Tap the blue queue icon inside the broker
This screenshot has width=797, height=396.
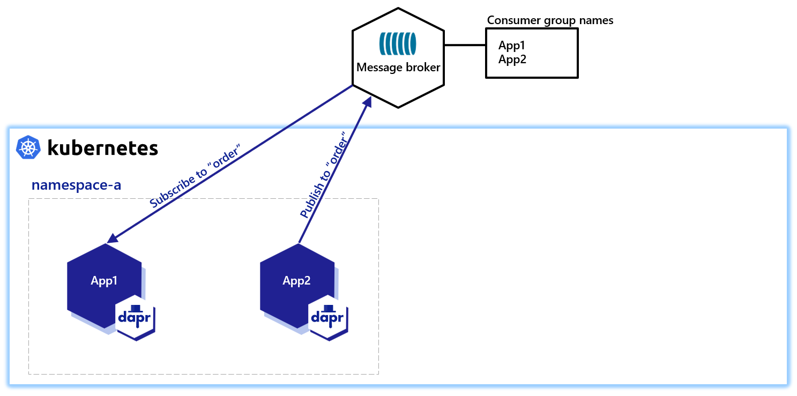click(x=398, y=44)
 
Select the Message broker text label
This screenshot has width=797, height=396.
click(x=398, y=68)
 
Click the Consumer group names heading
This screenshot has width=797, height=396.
click(x=550, y=20)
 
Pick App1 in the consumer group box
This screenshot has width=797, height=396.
click(x=512, y=46)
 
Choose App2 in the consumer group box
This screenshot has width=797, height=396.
click(x=512, y=59)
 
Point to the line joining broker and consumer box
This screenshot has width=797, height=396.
click(x=465, y=45)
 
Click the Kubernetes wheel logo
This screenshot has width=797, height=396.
click(x=29, y=147)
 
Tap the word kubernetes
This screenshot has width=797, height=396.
click(x=102, y=147)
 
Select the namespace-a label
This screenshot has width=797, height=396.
click(x=76, y=185)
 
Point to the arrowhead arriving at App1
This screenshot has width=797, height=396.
click(x=111, y=238)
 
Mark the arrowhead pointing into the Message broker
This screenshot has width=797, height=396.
click(x=367, y=102)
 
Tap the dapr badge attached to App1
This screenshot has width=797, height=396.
click(x=136, y=317)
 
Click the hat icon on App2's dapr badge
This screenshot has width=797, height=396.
click(x=328, y=308)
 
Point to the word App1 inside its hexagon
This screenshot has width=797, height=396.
click(x=104, y=281)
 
